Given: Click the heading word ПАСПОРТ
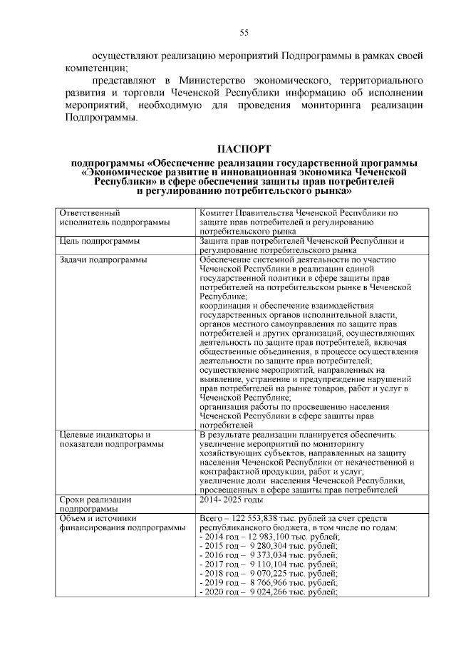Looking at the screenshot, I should click(x=244, y=149).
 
